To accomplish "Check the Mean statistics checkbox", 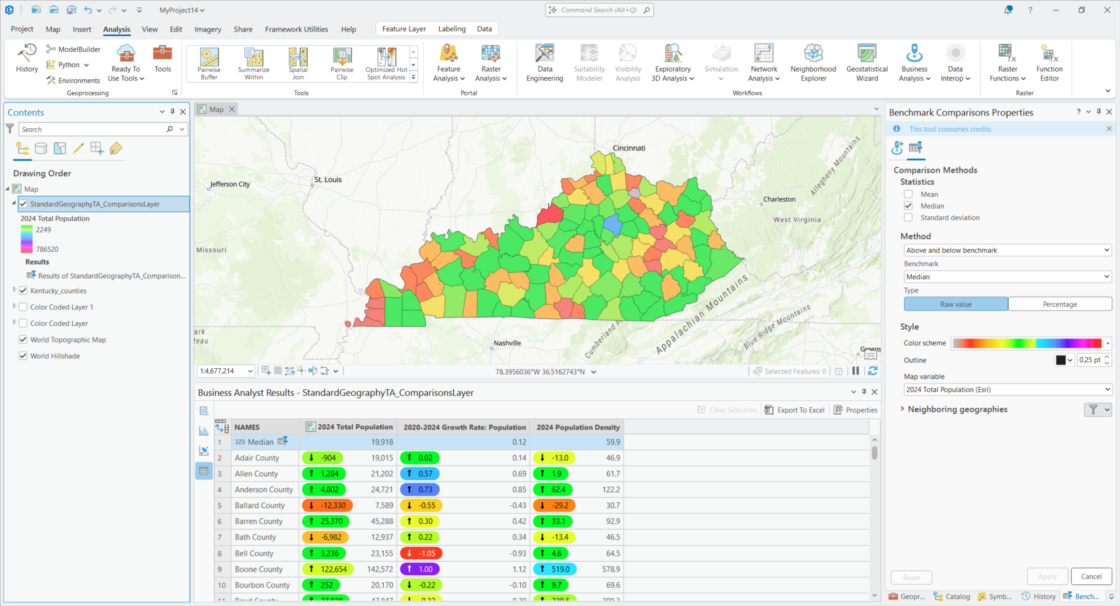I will [x=908, y=194].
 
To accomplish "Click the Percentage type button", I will [x=1059, y=304].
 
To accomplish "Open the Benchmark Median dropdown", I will [x=1007, y=277].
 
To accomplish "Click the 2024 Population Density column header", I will [x=577, y=427].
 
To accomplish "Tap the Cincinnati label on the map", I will [x=629, y=148].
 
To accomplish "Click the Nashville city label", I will [x=507, y=343].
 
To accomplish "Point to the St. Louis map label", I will [x=328, y=179].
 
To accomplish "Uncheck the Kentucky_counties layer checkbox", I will [x=23, y=291].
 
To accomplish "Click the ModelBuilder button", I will [x=74, y=50].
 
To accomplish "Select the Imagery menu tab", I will [x=208, y=29].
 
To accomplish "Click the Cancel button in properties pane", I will [x=1091, y=576].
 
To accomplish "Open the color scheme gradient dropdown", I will [x=1108, y=343].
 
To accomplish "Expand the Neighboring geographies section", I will [x=902, y=409].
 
